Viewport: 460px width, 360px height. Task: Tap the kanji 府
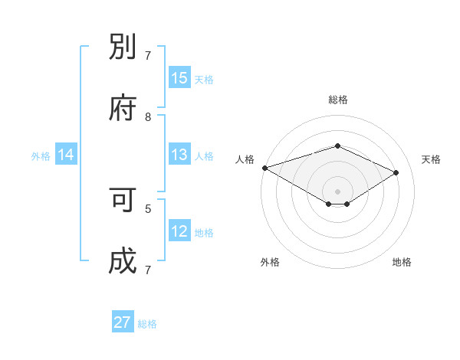tap(123, 107)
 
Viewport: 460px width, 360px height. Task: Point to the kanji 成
tap(123, 260)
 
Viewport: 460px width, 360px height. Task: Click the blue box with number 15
tap(179, 78)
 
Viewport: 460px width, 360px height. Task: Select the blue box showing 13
tap(179, 155)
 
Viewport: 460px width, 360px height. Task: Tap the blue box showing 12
tap(179, 231)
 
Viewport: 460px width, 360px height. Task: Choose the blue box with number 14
tap(66, 155)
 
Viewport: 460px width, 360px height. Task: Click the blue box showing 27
tap(123, 322)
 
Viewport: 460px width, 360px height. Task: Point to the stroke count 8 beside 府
tap(148, 117)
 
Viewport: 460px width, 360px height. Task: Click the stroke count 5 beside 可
tap(148, 208)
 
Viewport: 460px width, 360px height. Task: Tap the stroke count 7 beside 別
tap(148, 56)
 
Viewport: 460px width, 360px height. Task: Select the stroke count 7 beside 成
tap(148, 270)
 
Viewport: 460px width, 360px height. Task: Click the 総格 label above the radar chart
tap(337, 100)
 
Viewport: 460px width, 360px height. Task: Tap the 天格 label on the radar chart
tap(431, 159)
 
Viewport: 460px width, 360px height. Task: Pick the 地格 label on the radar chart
tap(402, 262)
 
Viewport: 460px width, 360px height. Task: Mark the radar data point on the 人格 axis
tap(264, 168)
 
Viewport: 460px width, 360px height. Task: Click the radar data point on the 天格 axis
tap(396, 172)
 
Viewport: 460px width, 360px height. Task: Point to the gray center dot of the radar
tap(337, 191)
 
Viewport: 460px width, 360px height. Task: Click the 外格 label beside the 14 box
tap(41, 155)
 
